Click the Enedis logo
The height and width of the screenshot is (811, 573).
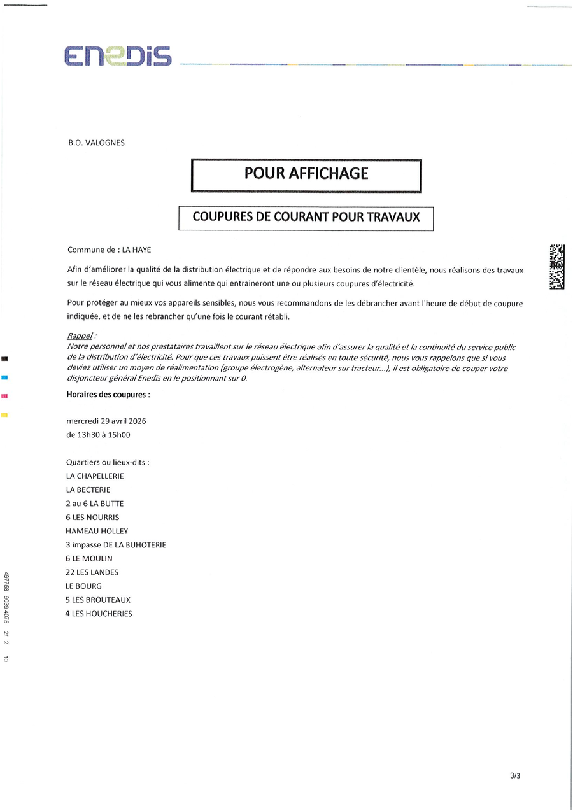tap(118, 57)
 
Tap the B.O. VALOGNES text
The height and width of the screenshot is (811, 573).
tap(96, 143)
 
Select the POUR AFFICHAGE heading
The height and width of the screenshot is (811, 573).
tap(306, 174)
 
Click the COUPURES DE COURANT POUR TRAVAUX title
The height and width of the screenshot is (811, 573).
tap(306, 217)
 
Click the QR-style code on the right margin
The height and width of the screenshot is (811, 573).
tap(556, 267)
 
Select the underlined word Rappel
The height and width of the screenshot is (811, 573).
tap(80, 335)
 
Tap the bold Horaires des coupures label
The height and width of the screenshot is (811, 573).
tap(108, 395)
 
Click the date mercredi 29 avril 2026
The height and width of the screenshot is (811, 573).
tap(106, 421)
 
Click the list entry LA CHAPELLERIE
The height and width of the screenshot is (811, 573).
tap(95, 476)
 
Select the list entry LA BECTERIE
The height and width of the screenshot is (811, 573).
tap(88, 490)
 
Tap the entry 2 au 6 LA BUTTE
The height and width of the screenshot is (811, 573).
tap(94, 504)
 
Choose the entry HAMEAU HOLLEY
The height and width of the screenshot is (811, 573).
tap(97, 531)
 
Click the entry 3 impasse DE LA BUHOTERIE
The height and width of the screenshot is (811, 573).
tap(115, 545)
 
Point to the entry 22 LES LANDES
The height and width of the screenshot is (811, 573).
tap(92, 572)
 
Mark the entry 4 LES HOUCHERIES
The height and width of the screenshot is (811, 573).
tap(99, 614)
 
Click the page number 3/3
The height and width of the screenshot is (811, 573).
tap(515, 776)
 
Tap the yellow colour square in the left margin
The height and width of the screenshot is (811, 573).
tap(4, 415)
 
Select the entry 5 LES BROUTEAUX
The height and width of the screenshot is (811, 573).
tap(99, 600)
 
